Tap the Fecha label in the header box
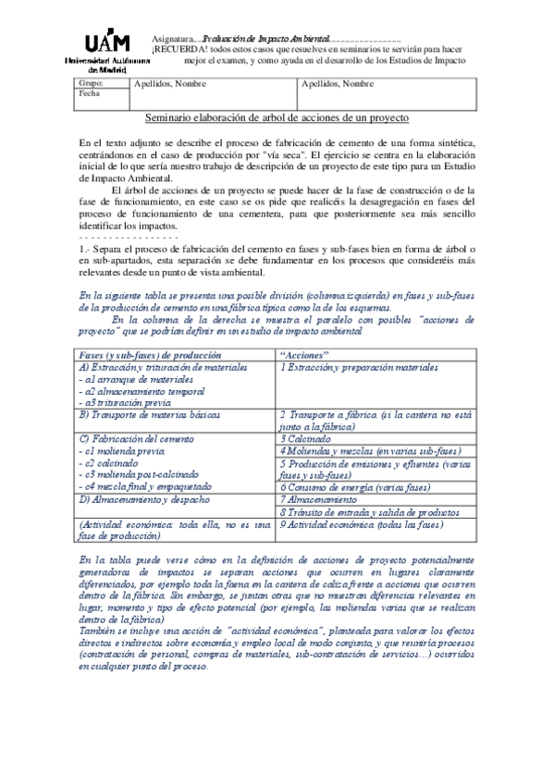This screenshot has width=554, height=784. point(89,93)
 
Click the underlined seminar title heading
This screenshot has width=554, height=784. point(277,117)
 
